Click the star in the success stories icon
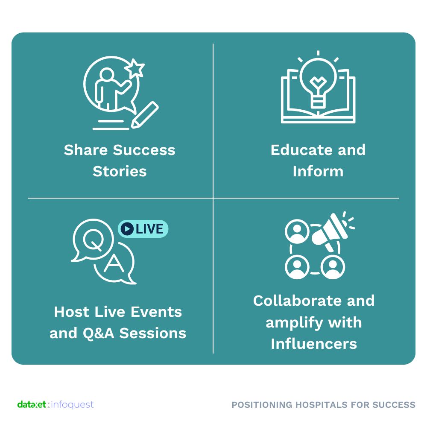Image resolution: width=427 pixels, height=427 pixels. pos(135,68)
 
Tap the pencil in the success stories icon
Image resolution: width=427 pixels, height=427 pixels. pos(145,114)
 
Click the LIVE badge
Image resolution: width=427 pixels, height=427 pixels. pos(143,229)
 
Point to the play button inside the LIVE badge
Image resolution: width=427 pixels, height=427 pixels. pos(127,229)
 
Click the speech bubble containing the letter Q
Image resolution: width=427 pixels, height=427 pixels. pos(93,240)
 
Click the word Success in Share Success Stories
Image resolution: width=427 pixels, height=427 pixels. pos(144,150)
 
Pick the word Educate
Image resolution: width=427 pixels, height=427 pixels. pos(301,150)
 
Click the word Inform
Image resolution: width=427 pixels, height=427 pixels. pos(318,172)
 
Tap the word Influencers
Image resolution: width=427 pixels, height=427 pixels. pos(314,344)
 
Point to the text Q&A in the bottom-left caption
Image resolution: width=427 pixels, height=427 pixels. pos(98,333)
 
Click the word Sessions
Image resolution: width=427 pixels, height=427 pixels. pos(153,333)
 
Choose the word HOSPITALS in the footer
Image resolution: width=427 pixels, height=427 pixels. pos(322,405)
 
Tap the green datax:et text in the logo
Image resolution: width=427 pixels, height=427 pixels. pos(32,404)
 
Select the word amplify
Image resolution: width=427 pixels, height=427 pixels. pos(294,323)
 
